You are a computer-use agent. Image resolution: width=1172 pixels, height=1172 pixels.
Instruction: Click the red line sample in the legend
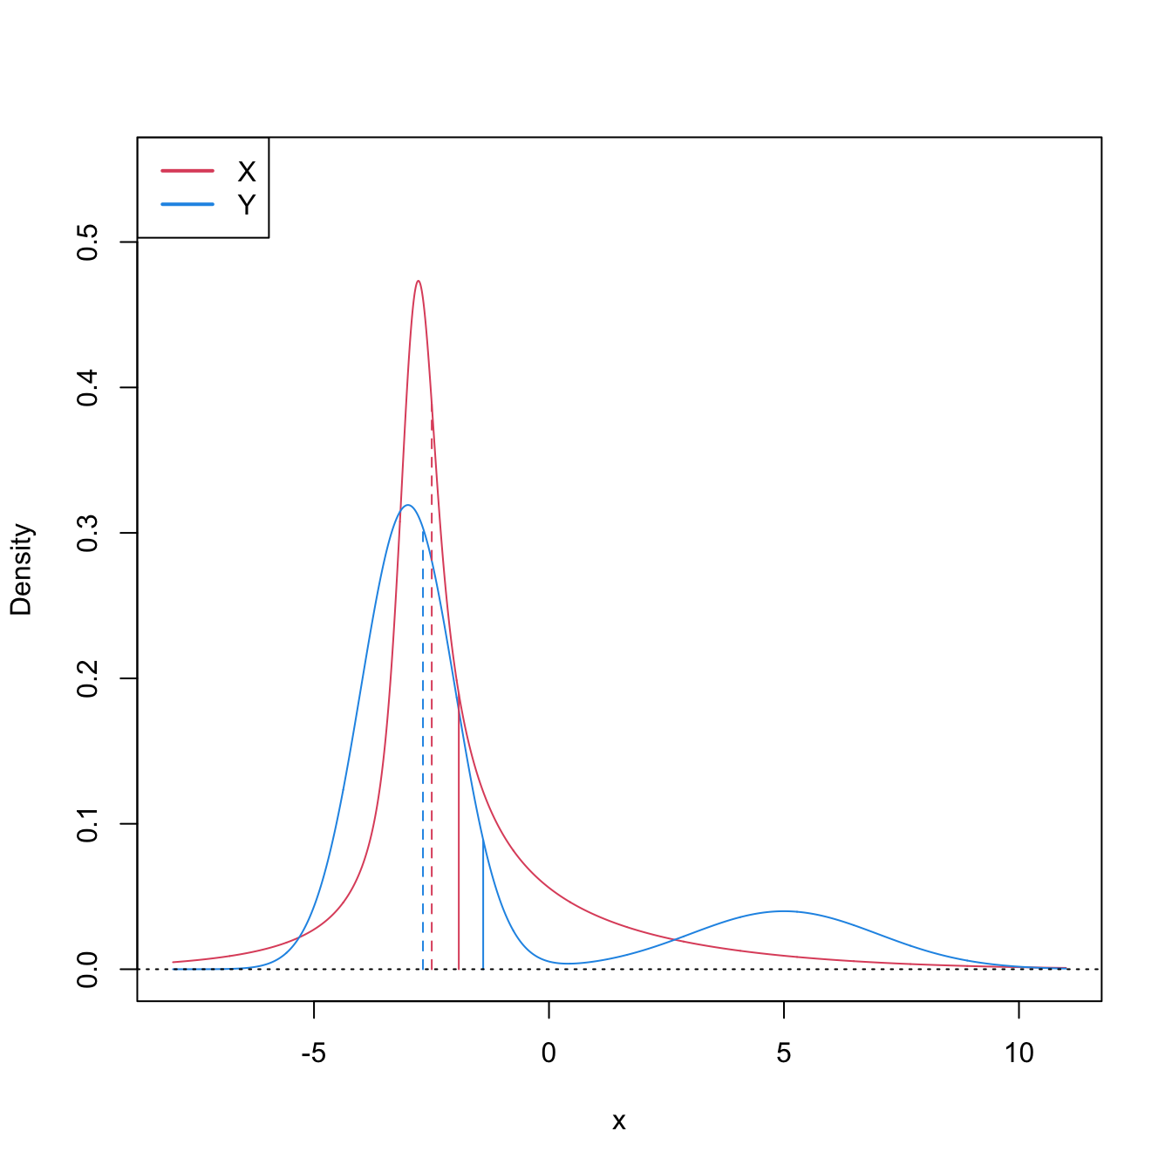point(187,171)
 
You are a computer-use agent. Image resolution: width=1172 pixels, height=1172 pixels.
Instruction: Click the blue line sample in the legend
point(187,205)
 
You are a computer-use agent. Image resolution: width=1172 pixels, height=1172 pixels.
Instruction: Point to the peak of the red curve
point(419,281)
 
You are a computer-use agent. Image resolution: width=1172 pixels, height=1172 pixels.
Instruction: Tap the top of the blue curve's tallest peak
point(407,505)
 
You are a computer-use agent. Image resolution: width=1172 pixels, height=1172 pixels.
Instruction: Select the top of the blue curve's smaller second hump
point(783,911)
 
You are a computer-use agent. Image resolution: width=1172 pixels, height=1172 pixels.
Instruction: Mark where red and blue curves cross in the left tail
point(299,937)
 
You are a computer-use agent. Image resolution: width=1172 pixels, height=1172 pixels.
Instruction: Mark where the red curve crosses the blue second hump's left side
point(674,939)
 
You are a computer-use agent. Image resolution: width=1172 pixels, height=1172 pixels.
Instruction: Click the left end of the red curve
point(173,963)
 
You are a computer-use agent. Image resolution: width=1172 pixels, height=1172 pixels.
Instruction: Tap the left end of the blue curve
point(173,969)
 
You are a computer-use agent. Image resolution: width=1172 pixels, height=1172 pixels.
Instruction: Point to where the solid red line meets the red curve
point(459,705)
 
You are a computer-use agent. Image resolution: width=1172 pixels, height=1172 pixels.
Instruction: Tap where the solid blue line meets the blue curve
point(483,842)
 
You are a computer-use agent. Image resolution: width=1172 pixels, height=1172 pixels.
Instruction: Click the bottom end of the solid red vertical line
point(459,969)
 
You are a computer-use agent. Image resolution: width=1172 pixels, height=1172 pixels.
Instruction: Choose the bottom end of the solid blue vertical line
point(483,969)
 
